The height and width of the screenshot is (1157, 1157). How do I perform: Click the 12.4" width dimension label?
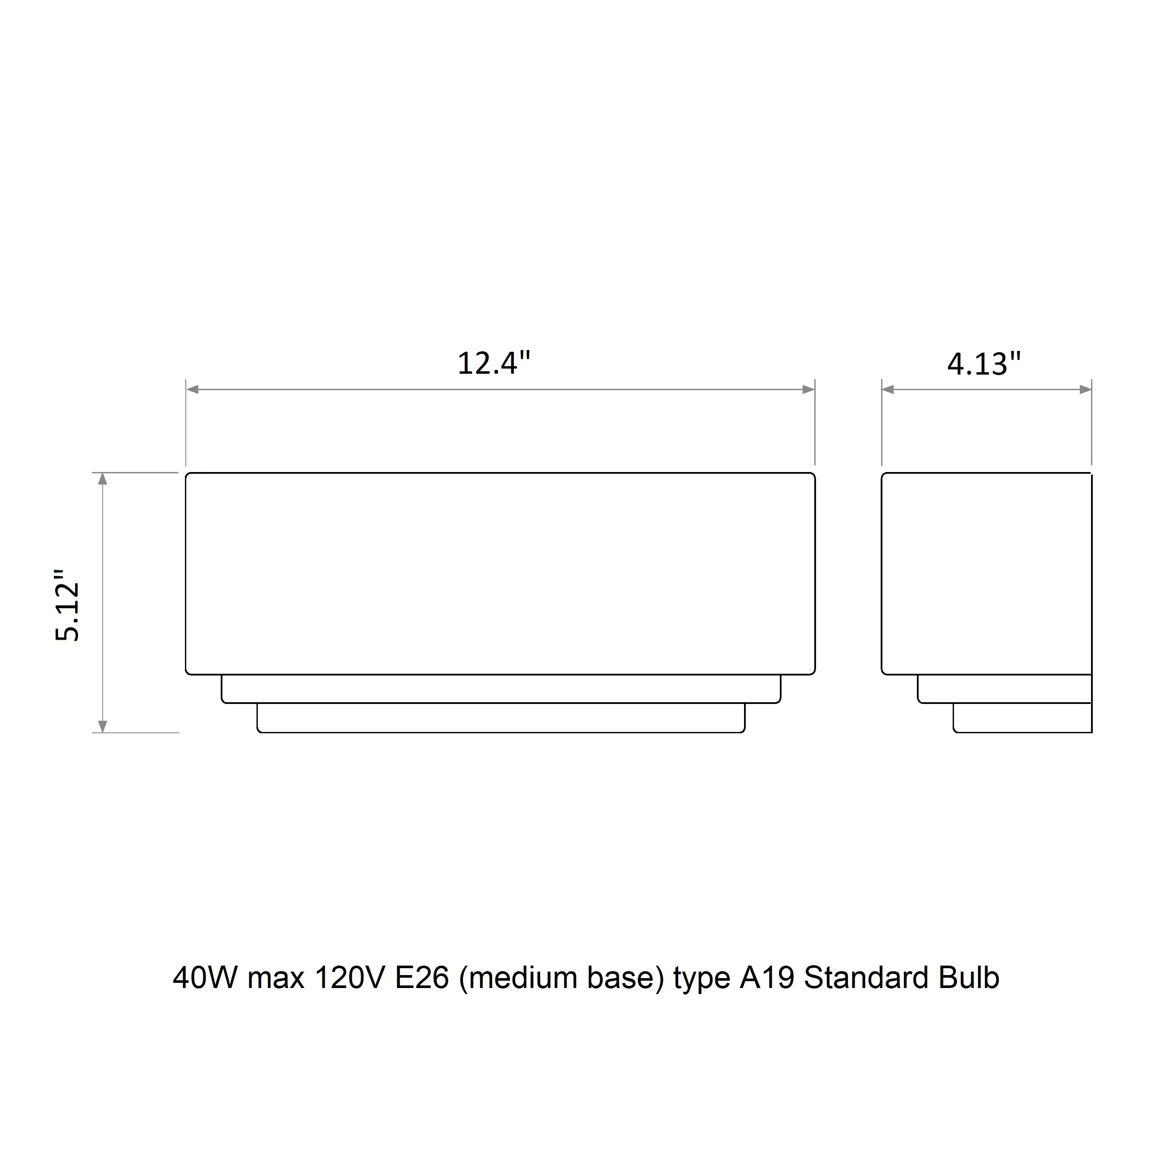(x=494, y=363)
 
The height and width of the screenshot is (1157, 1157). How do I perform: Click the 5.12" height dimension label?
(x=67, y=604)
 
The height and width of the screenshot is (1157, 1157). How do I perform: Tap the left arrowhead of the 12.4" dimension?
(x=193, y=390)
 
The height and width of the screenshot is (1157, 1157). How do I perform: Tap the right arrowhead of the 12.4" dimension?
(x=808, y=390)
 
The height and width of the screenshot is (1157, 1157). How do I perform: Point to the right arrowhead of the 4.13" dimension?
(x=1085, y=390)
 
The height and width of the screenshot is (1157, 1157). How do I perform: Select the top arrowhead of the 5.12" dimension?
(x=103, y=479)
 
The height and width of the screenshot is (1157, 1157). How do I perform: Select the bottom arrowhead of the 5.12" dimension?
(x=103, y=726)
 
